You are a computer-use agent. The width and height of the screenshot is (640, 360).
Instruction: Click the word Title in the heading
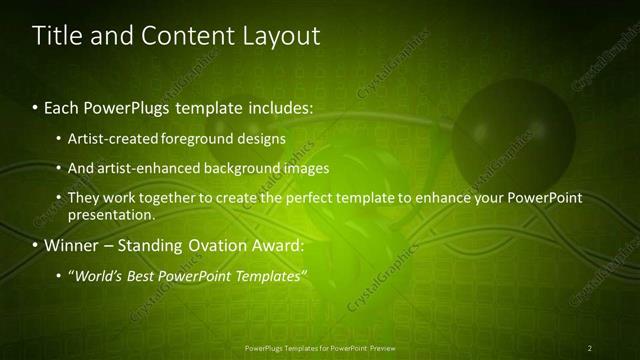tap(57, 36)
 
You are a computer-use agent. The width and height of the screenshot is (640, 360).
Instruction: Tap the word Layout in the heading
tap(281, 36)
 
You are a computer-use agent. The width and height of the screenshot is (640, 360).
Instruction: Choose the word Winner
tap(72, 245)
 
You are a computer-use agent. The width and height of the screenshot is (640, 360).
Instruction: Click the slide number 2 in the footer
tap(590, 348)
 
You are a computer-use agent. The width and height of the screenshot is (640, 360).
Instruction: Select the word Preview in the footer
tap(379, 348)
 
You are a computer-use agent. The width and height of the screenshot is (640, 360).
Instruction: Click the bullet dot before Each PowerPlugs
tap(36, 106)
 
